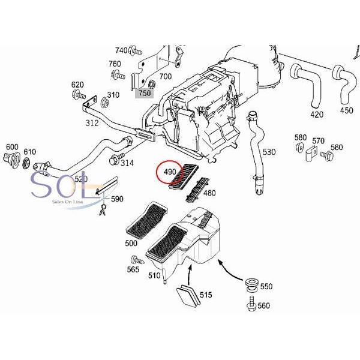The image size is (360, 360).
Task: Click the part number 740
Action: pos(121,50)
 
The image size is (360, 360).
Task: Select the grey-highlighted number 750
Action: pos(145,93)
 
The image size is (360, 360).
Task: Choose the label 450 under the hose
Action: pos(347,110)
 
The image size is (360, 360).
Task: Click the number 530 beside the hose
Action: pos(269,152)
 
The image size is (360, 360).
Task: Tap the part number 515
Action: pos(205,295)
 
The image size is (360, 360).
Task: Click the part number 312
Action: pos(92,123)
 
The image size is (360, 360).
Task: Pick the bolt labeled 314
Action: pos(115,160)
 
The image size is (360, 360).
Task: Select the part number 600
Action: pos(12,148)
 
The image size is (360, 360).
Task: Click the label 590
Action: pos(116,199)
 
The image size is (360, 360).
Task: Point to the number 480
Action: pos(209,193)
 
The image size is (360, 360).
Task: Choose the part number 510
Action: pos(154,276)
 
